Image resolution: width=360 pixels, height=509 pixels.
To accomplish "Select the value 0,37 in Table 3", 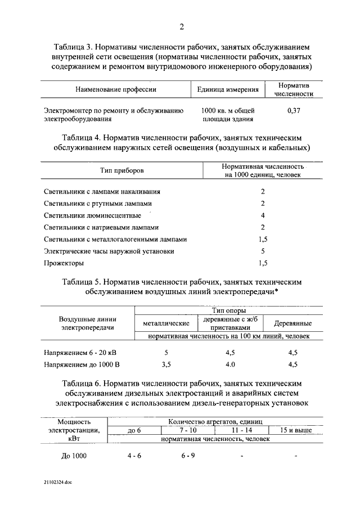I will click(294, 111).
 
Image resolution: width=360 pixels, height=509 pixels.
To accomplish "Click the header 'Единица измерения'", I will click(228, 89).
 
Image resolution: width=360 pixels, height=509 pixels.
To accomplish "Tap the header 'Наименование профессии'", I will click(115, 89).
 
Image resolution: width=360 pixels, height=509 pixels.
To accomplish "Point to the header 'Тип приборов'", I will click(122, 170).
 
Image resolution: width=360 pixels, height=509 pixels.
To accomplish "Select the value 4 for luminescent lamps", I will click(263, 215).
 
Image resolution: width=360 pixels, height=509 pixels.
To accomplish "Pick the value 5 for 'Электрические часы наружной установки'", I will click(263, 251).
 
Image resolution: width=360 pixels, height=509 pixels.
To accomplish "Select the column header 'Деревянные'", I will click(292, 323).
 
